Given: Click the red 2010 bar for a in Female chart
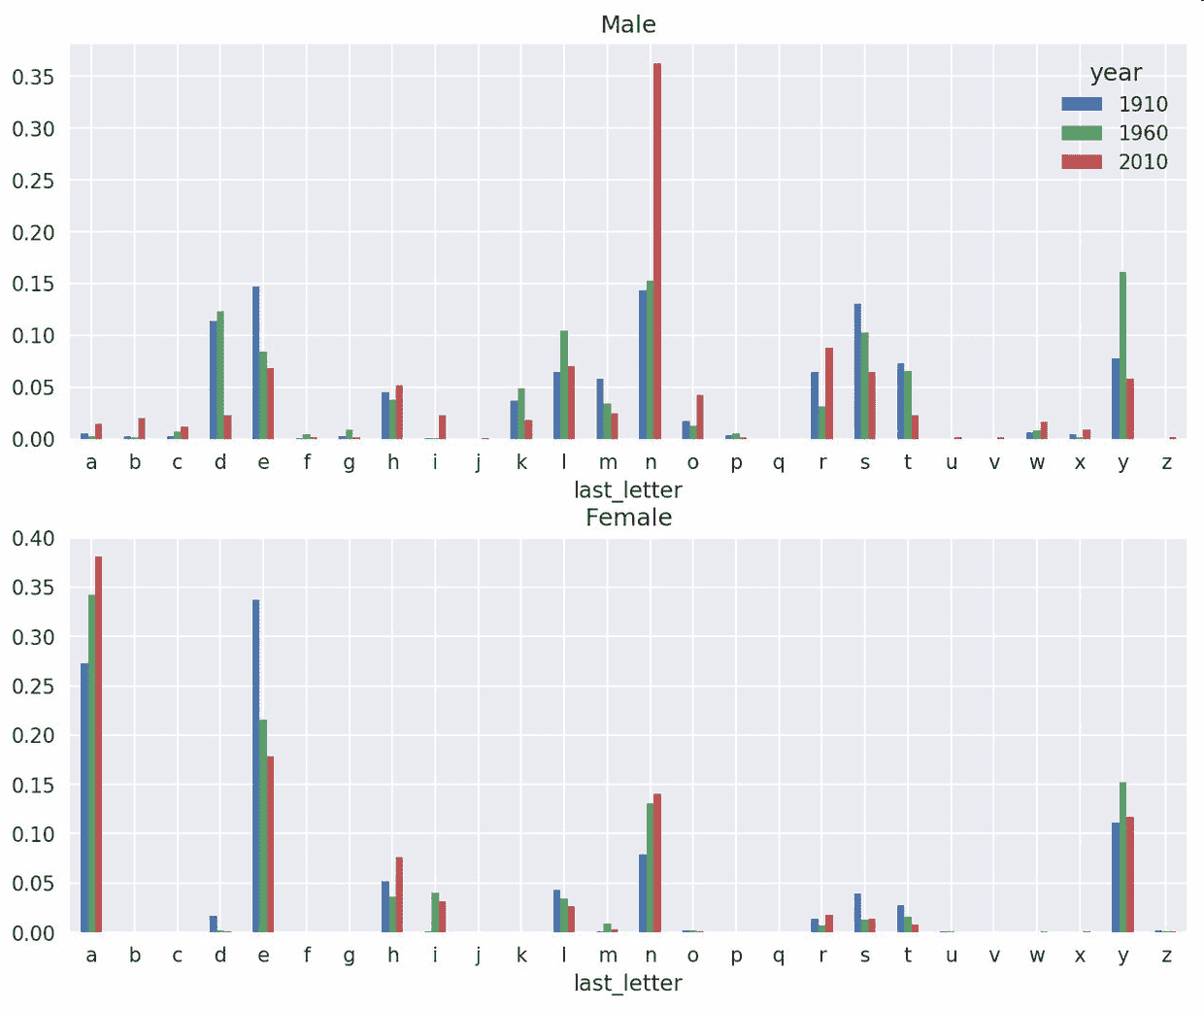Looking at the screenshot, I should click(x=98, y=744).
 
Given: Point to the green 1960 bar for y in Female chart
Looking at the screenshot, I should click(x=1123, y=857).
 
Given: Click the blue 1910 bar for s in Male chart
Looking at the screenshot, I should click(x=858, y=371).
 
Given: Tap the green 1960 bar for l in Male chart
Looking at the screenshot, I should click(x=564, y=385).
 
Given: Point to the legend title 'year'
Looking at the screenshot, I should click(x=1116, y=73).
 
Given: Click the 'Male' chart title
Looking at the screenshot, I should click(x=628, y=24).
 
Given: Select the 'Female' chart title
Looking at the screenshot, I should click(x=628, y=517).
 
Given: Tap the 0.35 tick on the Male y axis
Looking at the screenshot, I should click(x=33, y=77).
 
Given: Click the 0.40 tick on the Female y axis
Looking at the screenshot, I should click(x=33, y=538).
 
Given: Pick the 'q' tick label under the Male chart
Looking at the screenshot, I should click(x=779, y=462).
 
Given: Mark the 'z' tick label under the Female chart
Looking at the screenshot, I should click(x=1166, y=955).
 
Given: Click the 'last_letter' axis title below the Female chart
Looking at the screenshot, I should click(x=628, y=983).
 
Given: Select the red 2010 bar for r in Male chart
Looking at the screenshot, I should click(x=829, y=392).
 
